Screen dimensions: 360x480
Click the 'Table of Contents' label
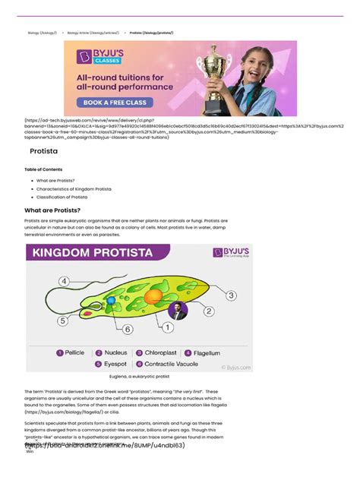coord(43,169)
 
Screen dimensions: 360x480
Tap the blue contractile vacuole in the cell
coord(111,302)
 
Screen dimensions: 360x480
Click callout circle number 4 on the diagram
coord(65,282)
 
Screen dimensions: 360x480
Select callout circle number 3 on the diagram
coord(231,295)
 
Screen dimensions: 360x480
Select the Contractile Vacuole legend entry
coord(168,365)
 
